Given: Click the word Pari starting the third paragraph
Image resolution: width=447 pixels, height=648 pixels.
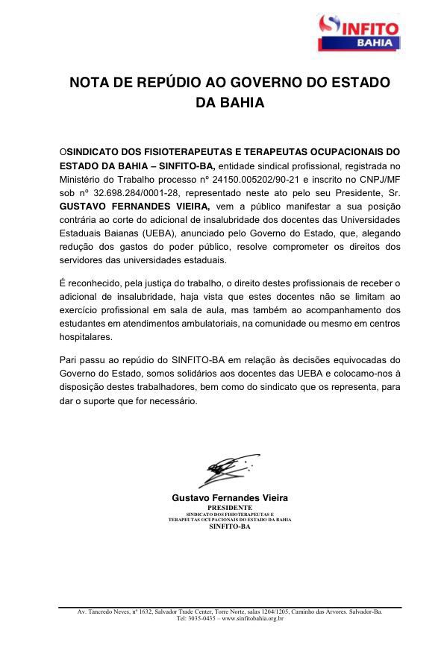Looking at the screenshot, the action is [68, 360].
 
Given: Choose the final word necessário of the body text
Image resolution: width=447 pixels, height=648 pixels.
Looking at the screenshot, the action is [176, 400].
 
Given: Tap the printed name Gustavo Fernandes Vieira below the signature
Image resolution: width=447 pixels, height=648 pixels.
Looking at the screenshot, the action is [230, 497].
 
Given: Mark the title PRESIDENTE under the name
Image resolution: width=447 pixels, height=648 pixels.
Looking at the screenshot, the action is [230, 507].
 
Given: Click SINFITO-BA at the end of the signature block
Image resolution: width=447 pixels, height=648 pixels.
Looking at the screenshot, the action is [230, 526].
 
